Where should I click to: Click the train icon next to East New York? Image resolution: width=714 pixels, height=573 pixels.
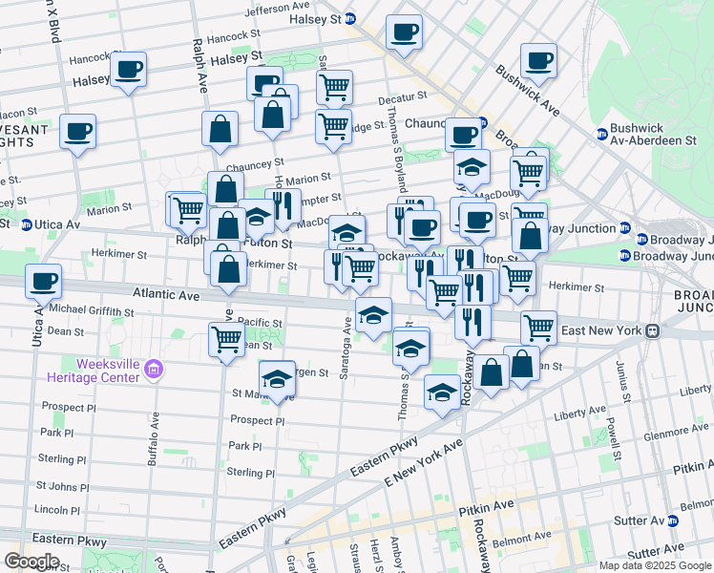coord(652,330)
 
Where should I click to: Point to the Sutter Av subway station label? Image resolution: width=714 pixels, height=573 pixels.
coord(646,521)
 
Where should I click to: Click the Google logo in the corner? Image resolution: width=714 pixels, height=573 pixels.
coord(31,562)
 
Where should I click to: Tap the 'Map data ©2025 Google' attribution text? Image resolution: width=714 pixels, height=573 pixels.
coord(655,565)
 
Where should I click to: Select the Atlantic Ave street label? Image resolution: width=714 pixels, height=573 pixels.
coord(166,296)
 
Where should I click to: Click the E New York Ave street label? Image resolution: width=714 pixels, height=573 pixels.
coord(423,462)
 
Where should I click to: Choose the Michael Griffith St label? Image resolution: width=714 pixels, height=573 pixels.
coord(92,311)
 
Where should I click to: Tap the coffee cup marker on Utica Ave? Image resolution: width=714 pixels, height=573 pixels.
coord(44,282)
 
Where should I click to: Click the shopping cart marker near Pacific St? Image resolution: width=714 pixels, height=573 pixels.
coord(227,338)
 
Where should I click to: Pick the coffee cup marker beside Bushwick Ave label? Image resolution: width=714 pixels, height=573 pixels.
coord(538,59)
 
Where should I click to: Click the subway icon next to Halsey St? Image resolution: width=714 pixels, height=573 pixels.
coord(349,19)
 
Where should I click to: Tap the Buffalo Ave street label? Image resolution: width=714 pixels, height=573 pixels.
coord(152,440)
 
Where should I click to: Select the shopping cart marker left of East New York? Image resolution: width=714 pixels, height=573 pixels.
coord(538,327)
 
